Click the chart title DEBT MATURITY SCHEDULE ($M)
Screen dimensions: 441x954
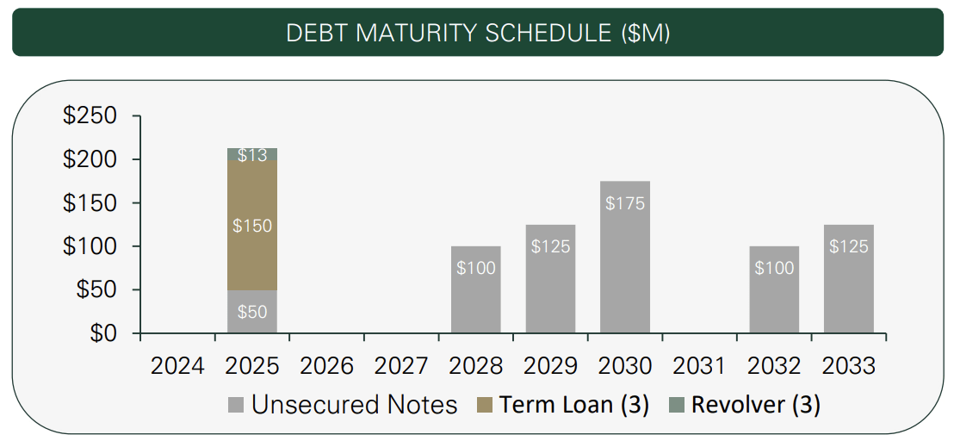[x=477, y=33]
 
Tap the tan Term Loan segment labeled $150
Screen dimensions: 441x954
[x=252, y=226]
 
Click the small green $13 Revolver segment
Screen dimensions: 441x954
[x=252, y=155]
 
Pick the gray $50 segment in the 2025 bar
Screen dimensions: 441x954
[x=252, y=312]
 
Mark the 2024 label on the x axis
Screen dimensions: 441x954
[x=177, y=366]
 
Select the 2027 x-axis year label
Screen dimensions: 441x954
[x=401, y=366]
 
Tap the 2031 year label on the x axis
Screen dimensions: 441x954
[x=699, y=366]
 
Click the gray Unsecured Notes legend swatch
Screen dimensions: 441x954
[x=236, y=405]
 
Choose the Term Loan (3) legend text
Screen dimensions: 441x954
[x=574, y=405]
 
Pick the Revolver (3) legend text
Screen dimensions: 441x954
[x=755, y=405]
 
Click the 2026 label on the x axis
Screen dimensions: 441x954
[x=327, y=366]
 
